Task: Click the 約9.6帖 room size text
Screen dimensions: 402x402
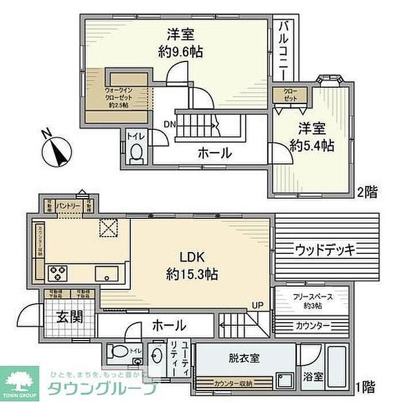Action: coord(180,52)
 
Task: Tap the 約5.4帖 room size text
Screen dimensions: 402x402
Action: coord(311,146)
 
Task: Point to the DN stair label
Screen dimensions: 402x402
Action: coord(170,123)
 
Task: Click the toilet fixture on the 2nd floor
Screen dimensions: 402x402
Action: coord(137,153)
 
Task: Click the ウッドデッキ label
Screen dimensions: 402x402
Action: coord(326,249)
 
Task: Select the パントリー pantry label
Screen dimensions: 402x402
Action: coord(69,204)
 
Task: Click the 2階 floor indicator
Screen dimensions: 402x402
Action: coord(368,191)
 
